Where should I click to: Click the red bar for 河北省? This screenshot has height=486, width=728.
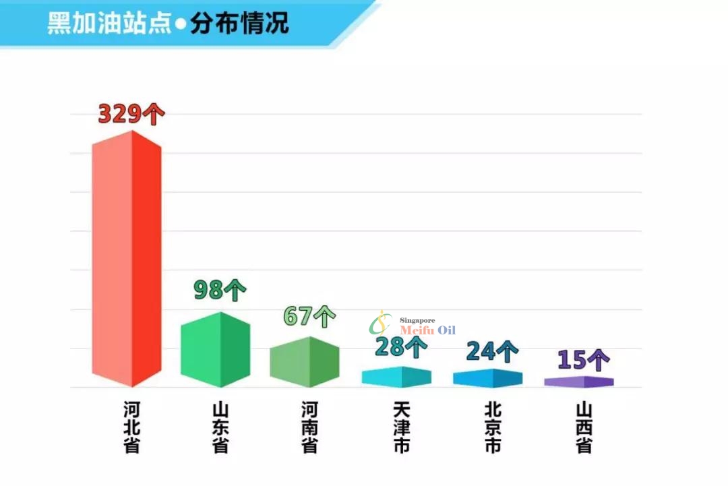click(127, 260)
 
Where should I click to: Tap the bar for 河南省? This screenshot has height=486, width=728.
click(304, 362)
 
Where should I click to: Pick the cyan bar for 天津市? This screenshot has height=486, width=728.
click(396, 377)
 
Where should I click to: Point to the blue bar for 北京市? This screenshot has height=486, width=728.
click(487, 378)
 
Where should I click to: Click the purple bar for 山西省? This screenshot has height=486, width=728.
click(579, 382)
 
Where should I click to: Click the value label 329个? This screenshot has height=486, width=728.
click(131, 113)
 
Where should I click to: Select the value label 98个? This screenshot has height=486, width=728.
click(220, 290)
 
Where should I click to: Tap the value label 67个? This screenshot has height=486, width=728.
click(309, 315)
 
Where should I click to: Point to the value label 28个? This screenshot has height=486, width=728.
click(400, 347)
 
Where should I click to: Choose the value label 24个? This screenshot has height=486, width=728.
click(492, 351)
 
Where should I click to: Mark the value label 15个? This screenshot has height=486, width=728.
click(583, 360)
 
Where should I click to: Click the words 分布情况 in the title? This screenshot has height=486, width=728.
click(239, 23)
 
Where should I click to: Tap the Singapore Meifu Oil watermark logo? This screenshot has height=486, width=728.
click(413, 325)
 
